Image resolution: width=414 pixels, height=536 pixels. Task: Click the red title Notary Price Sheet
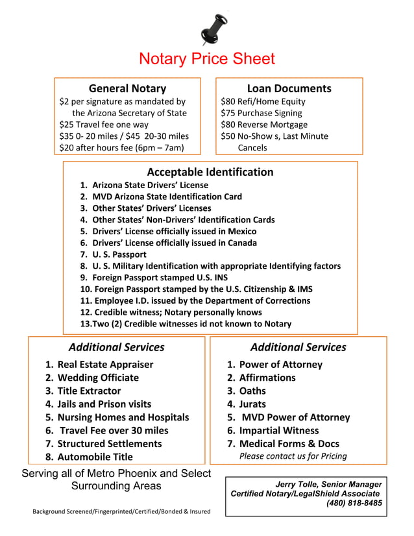click(207, 59)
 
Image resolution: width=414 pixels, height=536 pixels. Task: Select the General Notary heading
click(127, 88)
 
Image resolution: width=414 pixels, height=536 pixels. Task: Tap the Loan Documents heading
click(289, 88)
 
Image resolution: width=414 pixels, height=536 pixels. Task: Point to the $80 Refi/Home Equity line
click(263, 101)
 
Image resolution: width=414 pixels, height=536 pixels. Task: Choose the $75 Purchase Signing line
click(261, 113)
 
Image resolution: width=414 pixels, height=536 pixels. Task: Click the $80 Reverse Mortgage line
click(264, 125)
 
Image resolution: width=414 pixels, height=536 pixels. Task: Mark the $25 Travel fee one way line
click(104, 125)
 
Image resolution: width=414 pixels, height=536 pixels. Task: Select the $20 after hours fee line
click(121, 148)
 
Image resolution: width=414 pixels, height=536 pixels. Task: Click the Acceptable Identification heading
click(210, 172)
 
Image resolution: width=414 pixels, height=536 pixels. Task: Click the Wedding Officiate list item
click(98, 378)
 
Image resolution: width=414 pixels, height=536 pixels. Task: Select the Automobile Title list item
click(95, 457)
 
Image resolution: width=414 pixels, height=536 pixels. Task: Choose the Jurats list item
click(252, 404)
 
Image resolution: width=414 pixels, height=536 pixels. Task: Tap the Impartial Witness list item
click(279, 430)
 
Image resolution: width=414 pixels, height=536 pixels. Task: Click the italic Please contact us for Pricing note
click(293, 456)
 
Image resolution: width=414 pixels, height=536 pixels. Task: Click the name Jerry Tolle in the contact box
click(298, 484)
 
